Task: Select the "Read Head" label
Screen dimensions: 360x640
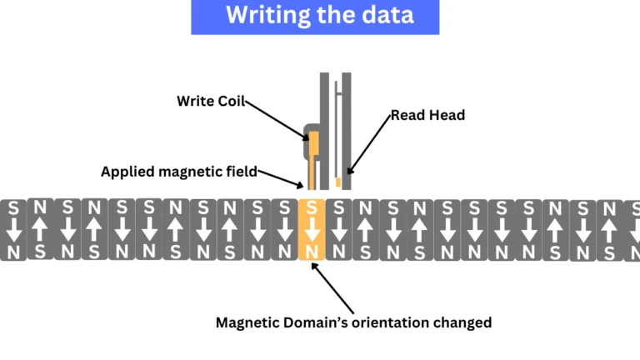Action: coord(427,115)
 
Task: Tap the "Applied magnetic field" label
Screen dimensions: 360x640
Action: coord(178,172)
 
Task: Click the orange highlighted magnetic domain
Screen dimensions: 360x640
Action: coord(311,229)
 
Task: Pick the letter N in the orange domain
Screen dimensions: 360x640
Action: coord(311,250)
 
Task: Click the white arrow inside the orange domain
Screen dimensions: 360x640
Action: coord(311,228)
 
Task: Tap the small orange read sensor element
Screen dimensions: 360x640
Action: coord(337,182)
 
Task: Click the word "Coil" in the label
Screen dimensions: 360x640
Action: coord(228,101)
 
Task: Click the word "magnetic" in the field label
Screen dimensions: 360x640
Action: coord(192,172)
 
